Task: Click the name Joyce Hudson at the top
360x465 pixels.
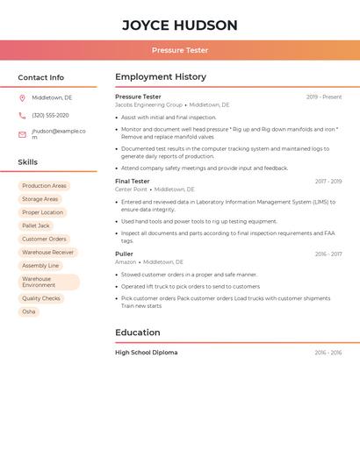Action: pos(179,25)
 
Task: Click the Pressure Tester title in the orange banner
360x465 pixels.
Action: pos(179,50)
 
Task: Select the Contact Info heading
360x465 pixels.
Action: pos(40,77)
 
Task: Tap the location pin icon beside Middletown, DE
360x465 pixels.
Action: pos(22,97)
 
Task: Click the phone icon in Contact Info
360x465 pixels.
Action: pos(22,115)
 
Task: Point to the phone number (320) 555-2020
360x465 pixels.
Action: pos(50,115)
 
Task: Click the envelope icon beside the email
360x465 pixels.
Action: pos(22,134)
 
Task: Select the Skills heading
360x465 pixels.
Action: pos(27,162)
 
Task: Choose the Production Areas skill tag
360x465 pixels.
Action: pos(44,186)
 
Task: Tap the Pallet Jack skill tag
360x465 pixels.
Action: pos(36,225)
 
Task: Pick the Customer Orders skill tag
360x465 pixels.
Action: pos(44,239)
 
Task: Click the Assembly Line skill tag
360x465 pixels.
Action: pos(40,265)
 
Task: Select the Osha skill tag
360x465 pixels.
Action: pos(29,311)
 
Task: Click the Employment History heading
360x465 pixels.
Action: pos(161,77)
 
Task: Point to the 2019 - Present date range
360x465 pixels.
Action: pos(324,97)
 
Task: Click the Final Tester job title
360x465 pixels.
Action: pos(133,182)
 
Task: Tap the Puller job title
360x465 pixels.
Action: pos(124,254)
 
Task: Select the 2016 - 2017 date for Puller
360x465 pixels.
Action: pos(328,254)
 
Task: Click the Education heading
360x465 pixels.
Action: pos(138,333)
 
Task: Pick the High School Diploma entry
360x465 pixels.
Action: pos(146,353)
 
